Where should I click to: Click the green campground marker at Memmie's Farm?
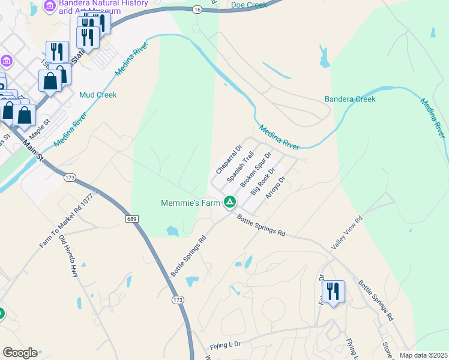229,202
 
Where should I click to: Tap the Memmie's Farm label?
191,203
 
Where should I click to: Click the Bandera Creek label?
350,99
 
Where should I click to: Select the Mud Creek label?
98,95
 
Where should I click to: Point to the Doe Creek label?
249,5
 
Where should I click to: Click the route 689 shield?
133,219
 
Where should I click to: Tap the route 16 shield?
197,10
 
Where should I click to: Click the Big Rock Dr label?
263,182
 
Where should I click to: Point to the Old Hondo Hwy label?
68,256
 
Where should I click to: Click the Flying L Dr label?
225,344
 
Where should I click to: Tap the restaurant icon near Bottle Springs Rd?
333,292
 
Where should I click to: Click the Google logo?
19,353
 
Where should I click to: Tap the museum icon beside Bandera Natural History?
50,7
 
